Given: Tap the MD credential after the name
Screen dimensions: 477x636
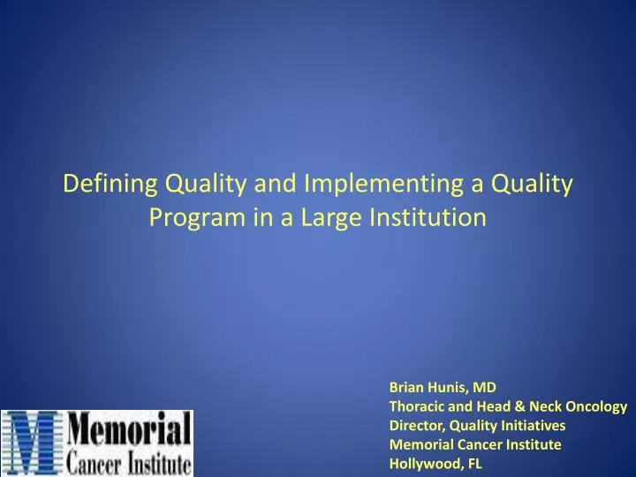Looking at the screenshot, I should click(486, 387).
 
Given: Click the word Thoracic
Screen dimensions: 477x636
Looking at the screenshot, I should click(417, 406).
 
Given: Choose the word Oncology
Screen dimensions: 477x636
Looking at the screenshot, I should click(599, 406).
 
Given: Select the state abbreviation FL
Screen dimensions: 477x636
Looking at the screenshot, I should click(474, 464).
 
